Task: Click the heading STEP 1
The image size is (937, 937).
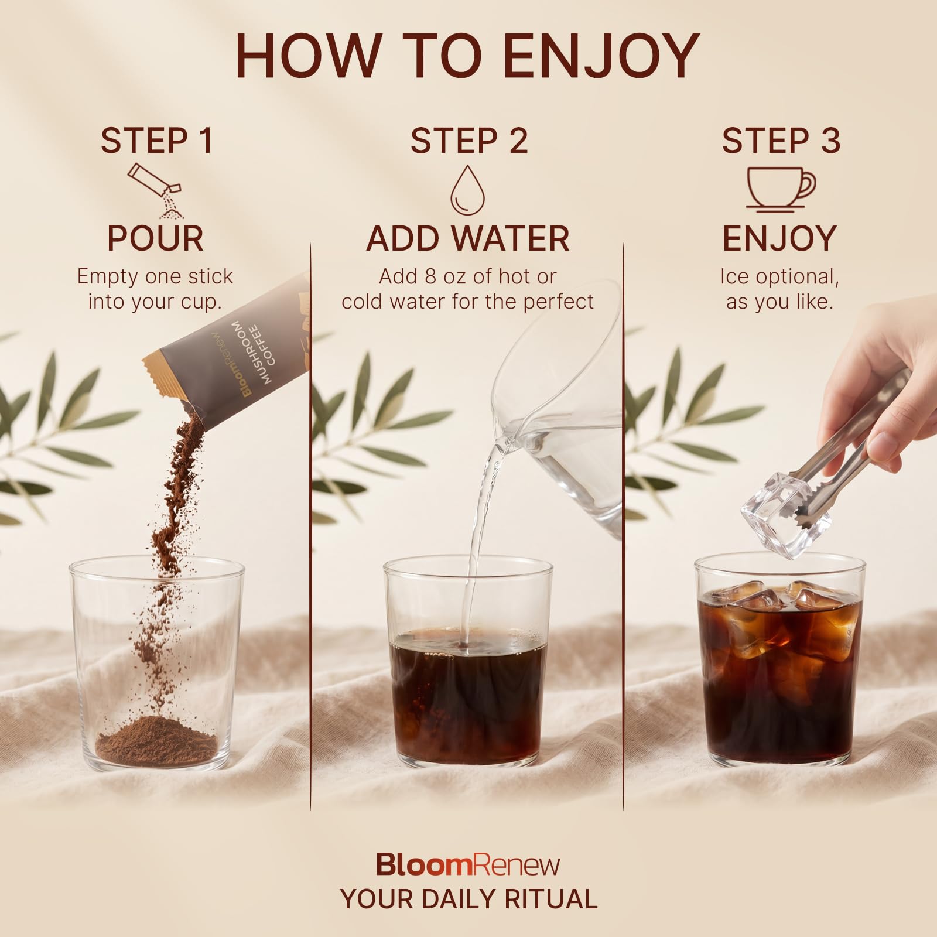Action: pos(156,141)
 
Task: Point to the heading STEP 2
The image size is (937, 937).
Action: pos(468,141)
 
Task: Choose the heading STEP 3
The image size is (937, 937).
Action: pos(781,141)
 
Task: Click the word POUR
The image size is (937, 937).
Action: pos(156,238)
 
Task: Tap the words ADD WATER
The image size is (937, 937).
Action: pos(468,238)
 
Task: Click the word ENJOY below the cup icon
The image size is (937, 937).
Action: pos(779,238)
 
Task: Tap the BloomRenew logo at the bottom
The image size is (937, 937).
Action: pos(468,864)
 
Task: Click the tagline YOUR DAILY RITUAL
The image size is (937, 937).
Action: pos(468,899)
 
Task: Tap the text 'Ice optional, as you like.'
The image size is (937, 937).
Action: pos(779,289)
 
